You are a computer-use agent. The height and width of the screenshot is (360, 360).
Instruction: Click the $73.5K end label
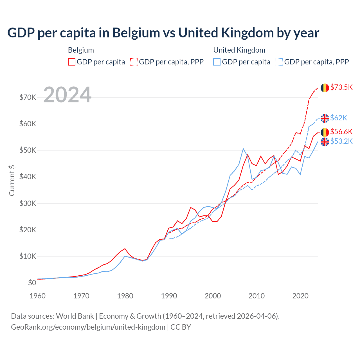point(341,87)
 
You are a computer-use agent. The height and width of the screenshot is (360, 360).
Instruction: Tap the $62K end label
point(339,118)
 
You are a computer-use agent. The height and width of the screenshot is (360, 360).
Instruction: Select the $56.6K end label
point(341,132)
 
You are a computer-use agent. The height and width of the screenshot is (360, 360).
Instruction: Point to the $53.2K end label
point(341,141)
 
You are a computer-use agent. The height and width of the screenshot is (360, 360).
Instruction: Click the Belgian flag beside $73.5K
point(325,88)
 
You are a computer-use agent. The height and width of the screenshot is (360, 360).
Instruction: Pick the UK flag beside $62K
point(325,118)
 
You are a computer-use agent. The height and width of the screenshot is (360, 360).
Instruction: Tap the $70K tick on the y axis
point(28,97)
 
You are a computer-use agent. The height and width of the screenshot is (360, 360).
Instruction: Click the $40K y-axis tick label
point(28,177)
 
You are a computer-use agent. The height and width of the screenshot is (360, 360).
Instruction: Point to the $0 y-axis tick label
point(32,283)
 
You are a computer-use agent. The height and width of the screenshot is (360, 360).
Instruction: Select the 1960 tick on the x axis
point(38,296)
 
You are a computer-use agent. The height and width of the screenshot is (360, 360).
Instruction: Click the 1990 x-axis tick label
point(169,296)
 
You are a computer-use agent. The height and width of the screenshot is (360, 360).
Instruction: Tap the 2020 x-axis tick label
point(300,296)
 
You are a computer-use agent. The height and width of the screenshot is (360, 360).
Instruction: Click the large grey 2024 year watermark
point(67,95)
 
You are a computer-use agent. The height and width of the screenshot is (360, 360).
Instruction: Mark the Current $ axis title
point(12,181)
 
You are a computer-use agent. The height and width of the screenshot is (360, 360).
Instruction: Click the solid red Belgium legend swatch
point(72,62)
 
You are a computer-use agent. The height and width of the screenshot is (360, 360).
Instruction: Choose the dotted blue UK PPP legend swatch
point(279,62)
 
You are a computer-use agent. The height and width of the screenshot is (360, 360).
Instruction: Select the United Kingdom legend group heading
point(239,50)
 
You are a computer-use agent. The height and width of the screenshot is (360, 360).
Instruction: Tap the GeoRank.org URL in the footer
point(88,327)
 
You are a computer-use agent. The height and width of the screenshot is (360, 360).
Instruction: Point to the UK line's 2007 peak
point(243,148)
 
